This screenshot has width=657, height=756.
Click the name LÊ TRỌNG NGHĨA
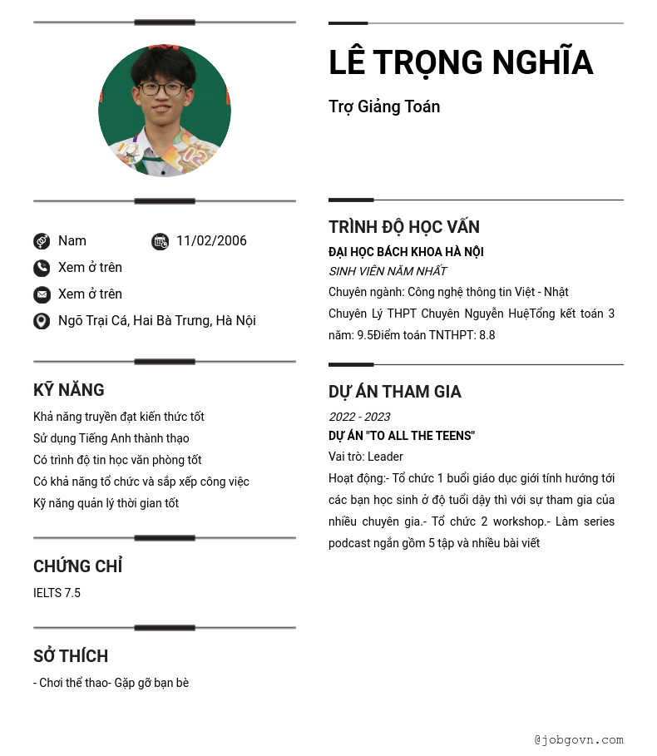pyautogui.click(x=460, y=63)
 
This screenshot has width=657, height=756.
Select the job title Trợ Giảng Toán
pyautogui.click(x=384, y=106)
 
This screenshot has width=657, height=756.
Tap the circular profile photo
pyautogui.click(x=165, y=111)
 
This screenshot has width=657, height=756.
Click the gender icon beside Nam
pyautogui.click(x=42, y=241)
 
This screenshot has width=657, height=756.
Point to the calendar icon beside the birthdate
pyautogui.click(x=160, y=241)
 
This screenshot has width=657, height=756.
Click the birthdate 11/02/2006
pyautogui.click(x=211, y=241)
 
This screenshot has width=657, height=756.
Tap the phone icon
pyautogui.click(x=42, y=268)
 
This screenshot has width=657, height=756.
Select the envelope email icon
pyautogui.click(x=42, y=294)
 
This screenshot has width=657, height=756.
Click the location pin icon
pyautogui.click(x=42, y=321)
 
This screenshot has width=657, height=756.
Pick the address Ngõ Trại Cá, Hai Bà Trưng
pyautogui.click(x=156, y=321)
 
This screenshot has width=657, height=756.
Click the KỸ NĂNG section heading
pyautogui.click(x=69, y=390)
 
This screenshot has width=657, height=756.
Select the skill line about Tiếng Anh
pyautogui.click(x=111, y=438)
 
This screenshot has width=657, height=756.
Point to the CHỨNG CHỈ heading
pyautogui.click(x=77, y=566)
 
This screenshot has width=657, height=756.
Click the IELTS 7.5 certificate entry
pyautogui.click(x=57, y=593)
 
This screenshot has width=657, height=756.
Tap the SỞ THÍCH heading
pyautogui.click(x=71, y=656)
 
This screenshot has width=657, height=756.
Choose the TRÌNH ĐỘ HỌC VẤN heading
pyautogui.click(x=403, y=227)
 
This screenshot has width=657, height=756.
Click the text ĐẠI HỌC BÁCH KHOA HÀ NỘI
pyautogui.click(x=406, y=252)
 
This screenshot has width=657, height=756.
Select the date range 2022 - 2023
pyautogui.click(x=359, y=417)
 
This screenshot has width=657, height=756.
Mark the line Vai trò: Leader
pyautogui.click(x=366, y=457)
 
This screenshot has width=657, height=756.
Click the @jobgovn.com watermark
pyautogui.click(x=579, y=739)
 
